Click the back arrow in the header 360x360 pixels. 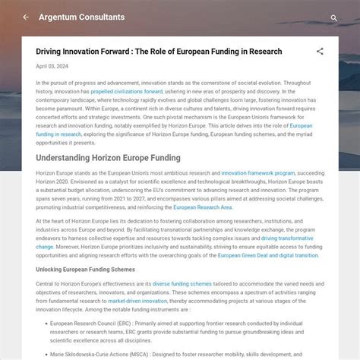26,17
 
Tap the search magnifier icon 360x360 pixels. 333,17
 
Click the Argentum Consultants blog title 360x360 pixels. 81,17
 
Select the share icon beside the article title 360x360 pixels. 320,52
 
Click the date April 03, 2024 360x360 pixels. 52,66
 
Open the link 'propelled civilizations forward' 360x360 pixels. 126,91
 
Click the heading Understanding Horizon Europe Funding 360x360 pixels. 108,158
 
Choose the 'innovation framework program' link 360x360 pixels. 258,173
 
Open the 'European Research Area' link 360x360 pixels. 203,207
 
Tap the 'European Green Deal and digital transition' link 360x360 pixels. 268,255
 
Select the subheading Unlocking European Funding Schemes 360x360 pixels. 85,270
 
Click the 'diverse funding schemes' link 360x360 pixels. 182,283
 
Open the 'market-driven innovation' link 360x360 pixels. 137,300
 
